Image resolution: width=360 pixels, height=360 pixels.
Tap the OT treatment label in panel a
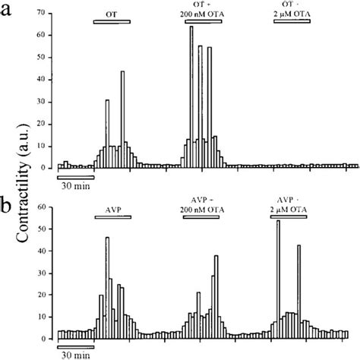(110, 13)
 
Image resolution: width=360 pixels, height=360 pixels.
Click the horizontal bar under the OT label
(111, 21)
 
